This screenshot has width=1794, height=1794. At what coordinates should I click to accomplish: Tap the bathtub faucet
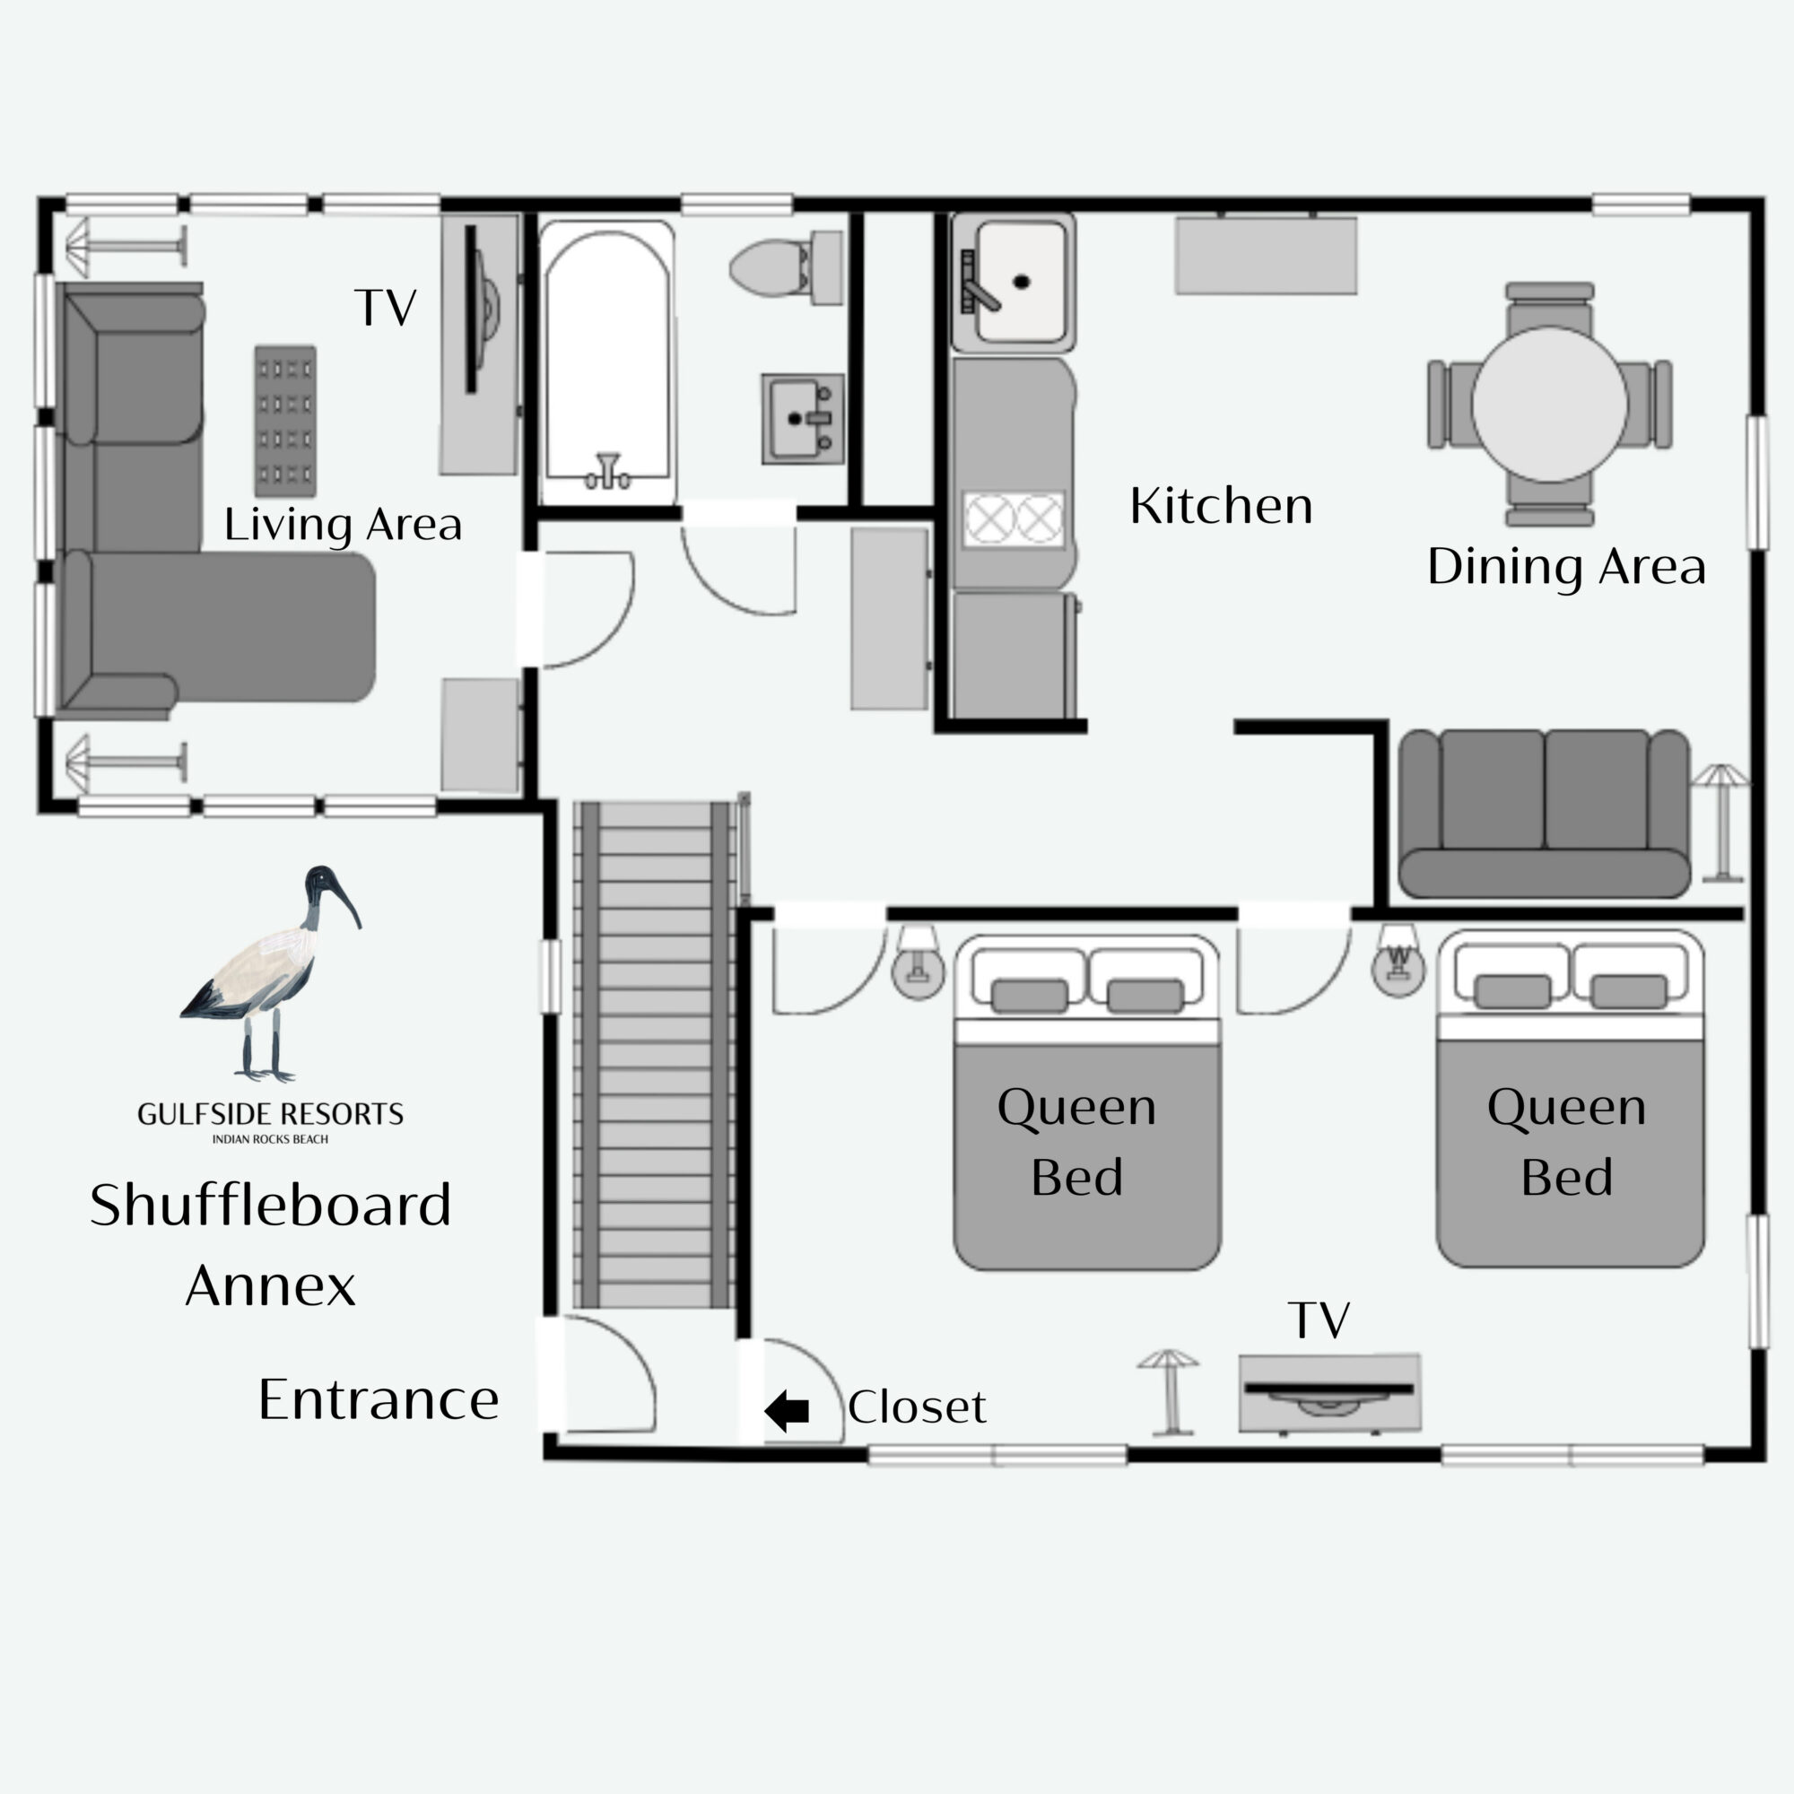pos(607,471)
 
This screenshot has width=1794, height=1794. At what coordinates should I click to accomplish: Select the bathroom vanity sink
pos(803,419)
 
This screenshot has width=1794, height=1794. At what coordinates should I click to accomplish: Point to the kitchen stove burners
pos(1013,518)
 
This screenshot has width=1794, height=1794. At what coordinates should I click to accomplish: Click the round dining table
pos(1549,404)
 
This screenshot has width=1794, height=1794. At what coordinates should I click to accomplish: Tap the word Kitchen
pos(1221,505)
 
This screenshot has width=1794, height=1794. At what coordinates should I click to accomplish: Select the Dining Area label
pos(1566,566)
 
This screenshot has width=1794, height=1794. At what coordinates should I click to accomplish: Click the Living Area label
pos(343,525)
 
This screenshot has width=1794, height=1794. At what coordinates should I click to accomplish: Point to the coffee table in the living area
pos(285,421)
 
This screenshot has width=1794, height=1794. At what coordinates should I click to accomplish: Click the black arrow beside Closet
pos(787,1410)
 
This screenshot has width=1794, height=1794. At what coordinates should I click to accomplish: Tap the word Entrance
pos(379,1399)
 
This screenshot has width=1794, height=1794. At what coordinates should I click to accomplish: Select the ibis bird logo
pos(270,974)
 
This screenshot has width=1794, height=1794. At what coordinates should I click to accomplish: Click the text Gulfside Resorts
pos(270,1114)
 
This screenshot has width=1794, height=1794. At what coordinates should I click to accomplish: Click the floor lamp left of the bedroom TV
pos(1168,1392)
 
